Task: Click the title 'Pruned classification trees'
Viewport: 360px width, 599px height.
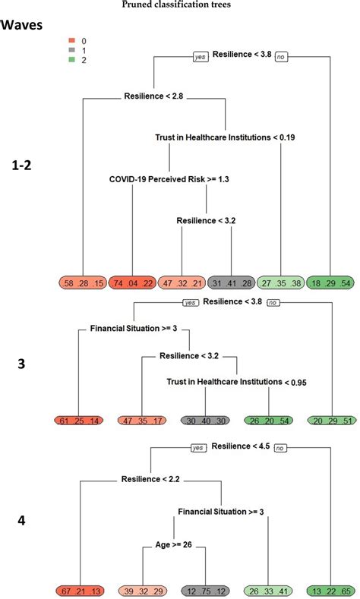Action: tap(179, 5)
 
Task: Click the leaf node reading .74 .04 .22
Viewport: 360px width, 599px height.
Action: tap(132, 282)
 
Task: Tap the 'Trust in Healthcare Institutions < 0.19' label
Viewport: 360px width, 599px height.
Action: tap(226, 137)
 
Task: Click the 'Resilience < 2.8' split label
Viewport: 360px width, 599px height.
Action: tap(153, 96)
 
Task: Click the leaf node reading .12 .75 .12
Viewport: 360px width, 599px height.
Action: tap(205, 591)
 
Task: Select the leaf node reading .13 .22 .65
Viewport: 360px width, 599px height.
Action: tap(331, 591)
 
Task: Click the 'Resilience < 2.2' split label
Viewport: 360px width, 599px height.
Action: tap(149, 479)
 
